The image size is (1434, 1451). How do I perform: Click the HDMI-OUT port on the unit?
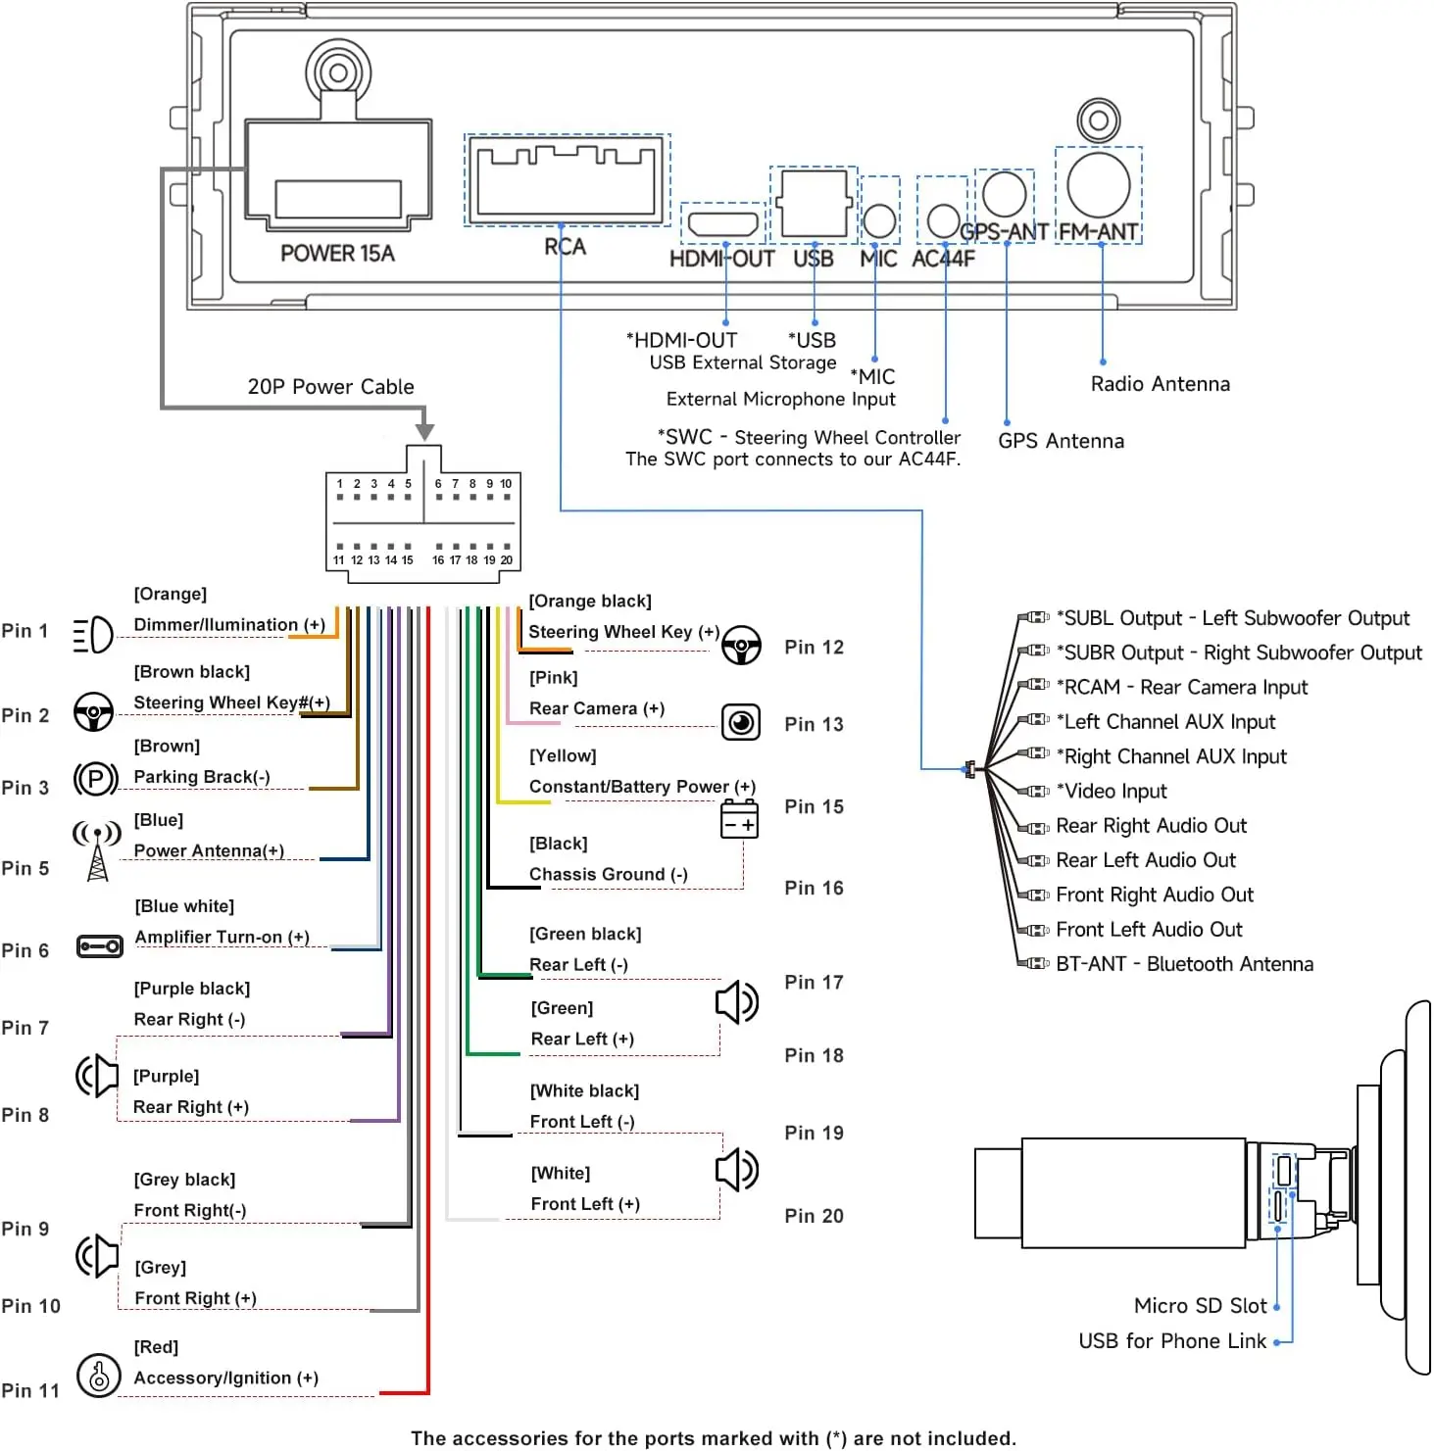(724, 223)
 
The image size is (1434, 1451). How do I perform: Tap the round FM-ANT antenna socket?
(1099, 185)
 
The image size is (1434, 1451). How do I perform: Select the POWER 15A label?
(337, 254)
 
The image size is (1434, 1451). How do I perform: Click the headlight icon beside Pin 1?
(93, 635)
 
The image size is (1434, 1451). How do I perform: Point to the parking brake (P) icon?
(95, 780)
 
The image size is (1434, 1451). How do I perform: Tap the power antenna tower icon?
(97, 850)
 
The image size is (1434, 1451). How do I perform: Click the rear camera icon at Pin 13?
(741, 722)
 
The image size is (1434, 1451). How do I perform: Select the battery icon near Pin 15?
(739, 819)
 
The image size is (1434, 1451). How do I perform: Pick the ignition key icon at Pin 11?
(98, 1376)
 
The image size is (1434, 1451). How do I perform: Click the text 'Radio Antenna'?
(1161, 384)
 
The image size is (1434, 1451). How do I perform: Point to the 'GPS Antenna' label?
(1061, 441)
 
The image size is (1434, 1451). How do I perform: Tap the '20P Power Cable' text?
(330, 387)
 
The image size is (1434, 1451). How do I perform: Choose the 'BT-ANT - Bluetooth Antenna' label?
(1184, 964)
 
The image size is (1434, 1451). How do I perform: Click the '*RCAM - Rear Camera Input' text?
(1181, 688)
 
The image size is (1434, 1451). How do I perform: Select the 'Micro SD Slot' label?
(1200, 1306)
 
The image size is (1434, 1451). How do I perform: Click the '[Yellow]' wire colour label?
(563, 756)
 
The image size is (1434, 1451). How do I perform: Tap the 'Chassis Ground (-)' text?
(608, 875)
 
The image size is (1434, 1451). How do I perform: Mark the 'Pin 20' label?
(814, 1216)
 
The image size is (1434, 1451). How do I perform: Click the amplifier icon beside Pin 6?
(99, 946)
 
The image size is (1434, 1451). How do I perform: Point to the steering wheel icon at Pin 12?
(741, 645)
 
